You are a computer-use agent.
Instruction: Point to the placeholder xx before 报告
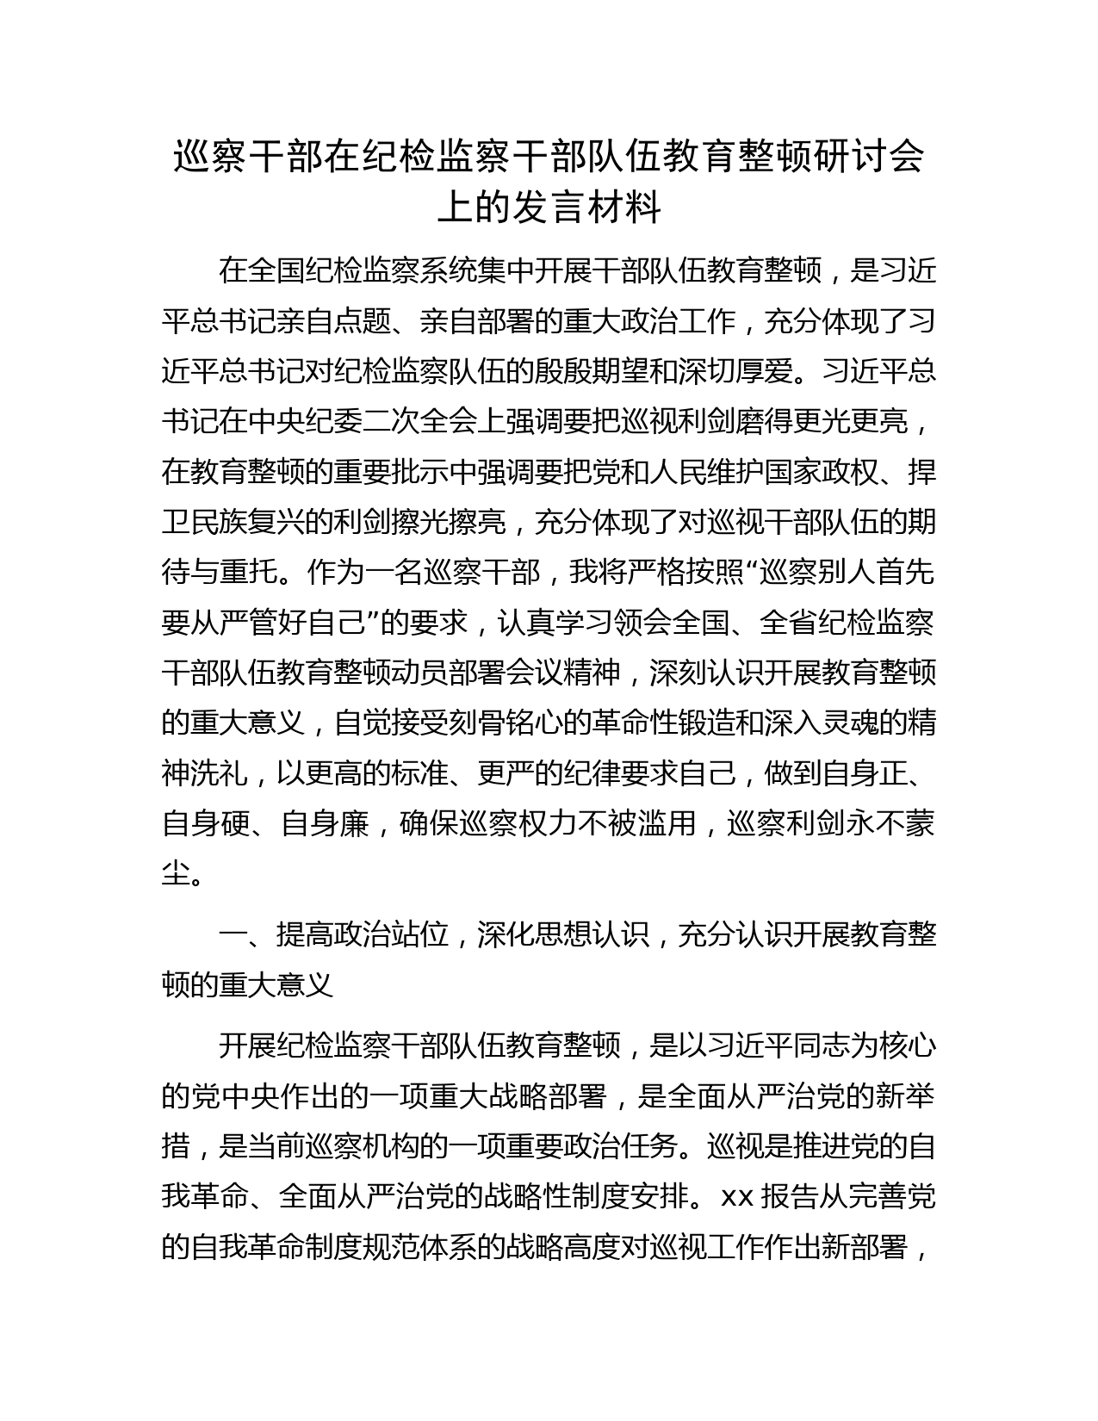737,1197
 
